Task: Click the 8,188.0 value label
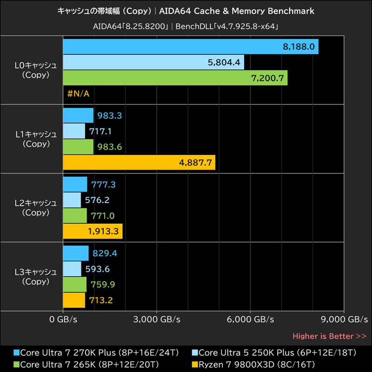(299, 46)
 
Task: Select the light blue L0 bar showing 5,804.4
(153, 62)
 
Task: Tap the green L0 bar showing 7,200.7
(175, 78)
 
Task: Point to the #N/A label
(78, 93)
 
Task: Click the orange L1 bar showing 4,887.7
(139, 162)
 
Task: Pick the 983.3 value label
(106, 115)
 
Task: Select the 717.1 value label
(100, 131)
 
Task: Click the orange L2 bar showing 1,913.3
(93, 231)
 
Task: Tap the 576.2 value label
(97, 200)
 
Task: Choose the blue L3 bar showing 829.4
(75, 253)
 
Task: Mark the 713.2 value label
(100, 300)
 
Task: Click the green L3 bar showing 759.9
(74, 285)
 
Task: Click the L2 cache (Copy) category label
(36, 207)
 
